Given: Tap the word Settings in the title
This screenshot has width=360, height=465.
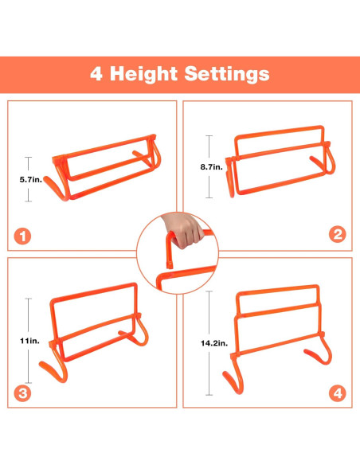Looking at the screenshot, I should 227,74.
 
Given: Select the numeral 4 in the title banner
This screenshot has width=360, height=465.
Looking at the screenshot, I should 97,74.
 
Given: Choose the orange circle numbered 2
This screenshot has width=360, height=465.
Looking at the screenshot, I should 338,233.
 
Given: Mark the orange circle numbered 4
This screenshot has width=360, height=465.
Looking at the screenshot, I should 338,393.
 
